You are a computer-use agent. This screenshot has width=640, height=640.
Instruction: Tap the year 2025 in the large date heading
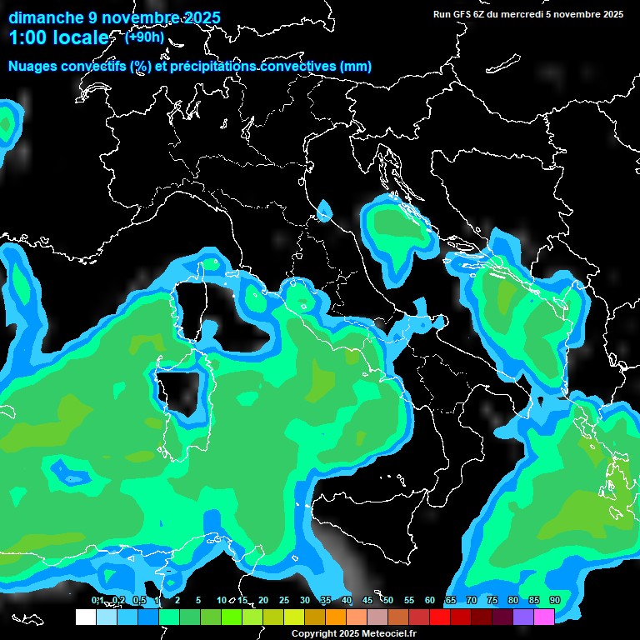[x=197, y=17]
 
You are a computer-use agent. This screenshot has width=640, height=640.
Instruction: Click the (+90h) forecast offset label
[x=144, y=37]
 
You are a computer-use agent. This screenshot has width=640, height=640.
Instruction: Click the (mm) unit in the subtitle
[x=356, y=67]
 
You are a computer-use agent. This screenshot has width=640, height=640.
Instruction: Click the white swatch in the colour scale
[x=86, y=617]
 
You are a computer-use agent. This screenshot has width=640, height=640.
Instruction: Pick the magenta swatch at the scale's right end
[x=544, y=617]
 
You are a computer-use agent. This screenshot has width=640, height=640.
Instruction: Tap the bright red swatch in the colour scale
[x=440, y=617]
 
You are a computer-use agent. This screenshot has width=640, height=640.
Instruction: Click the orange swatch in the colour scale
[x=336, y=617]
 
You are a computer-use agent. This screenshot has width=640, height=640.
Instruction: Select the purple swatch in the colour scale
[x=523, y=617]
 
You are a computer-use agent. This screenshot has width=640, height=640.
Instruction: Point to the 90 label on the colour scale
[x=554, y=601]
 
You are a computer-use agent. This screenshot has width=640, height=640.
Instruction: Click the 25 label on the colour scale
[x=284, y=601]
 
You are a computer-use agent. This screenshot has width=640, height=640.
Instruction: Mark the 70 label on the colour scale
[x=472, y=601]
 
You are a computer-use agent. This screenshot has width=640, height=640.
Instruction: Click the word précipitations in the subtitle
[x=212, y=67]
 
